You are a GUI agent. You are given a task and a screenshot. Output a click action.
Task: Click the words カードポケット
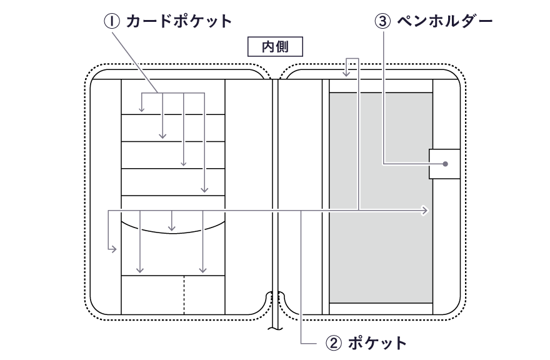[x=179, y=21]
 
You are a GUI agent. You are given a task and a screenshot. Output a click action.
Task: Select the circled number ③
[x=382, y=21]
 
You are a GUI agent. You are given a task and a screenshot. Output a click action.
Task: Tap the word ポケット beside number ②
[x=377, y=342]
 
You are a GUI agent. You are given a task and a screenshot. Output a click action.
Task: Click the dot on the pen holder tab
[x=445, y=164]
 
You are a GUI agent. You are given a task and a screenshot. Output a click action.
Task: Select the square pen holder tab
[x=444, y=164]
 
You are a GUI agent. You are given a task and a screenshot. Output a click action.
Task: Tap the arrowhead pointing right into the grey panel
[x=426, y=211]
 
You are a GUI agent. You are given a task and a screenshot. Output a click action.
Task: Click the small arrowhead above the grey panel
[x=347, y=76]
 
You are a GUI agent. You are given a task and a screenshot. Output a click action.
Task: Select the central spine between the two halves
[x=274, y=187]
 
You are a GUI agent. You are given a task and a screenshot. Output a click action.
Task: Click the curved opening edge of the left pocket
[x=172, y=230]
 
